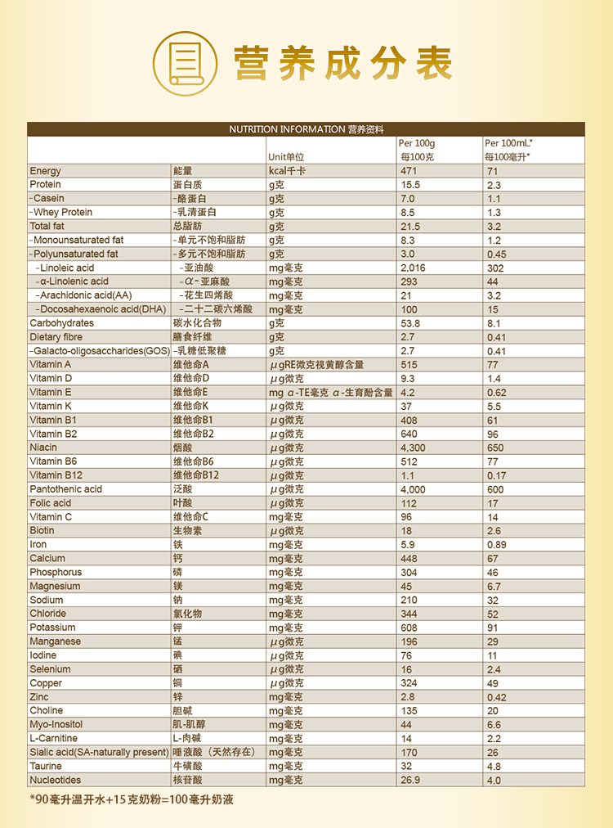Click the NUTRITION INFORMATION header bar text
[306, 129]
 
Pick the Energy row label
[46, 171]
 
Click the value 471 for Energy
[409, 171]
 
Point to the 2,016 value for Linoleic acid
[413, 268]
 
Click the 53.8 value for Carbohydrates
[410, 323]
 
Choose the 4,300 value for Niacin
[413, 448]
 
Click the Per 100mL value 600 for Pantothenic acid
[495, 489]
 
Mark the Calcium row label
[47, 558]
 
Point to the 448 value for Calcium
[409, 558]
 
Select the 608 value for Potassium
[409, 628]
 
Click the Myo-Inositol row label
[56, 724]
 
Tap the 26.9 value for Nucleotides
[410, 780]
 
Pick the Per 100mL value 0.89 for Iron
[497, 545]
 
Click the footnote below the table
[132, 799]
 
